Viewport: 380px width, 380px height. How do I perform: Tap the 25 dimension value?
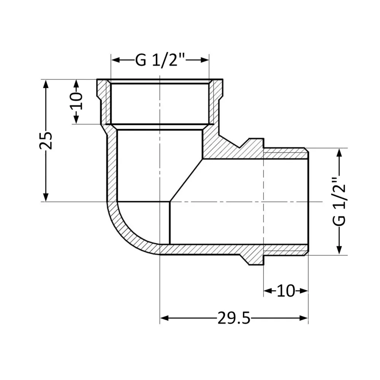tap(46, 140)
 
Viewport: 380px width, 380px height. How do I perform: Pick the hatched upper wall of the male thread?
tap(285, 154)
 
